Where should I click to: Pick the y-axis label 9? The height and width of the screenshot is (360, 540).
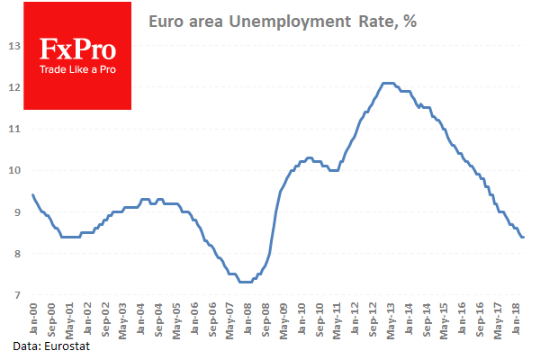click(x=14, y=212)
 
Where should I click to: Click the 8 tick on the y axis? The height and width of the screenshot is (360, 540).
click(x=14, y=254)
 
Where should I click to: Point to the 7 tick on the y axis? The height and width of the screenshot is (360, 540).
click(x=14, y=295)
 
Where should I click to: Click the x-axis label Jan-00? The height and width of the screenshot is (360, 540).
click(x=34, y=319)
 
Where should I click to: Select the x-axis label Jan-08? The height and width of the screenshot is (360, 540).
click(x=244, y=319)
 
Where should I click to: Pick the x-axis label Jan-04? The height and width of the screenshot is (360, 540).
click(x=139, y=319)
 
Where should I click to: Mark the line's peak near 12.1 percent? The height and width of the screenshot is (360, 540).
click(x=388, y=83)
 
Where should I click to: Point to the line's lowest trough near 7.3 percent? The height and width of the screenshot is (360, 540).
click(x=245, y=282)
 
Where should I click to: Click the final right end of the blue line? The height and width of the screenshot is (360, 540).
click(x=524, y=237)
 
